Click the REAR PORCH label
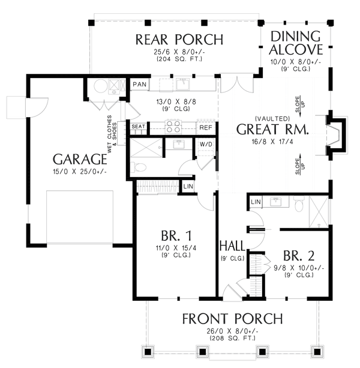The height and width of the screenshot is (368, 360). click(179, 40)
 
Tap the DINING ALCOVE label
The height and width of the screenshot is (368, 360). click(296, 43)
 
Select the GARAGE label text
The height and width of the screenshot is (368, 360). click(80, 159)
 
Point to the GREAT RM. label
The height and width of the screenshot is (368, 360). click(272, 129)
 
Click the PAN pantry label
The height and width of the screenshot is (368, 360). click(140, 84)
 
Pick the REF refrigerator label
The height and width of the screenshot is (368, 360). click(206, 128)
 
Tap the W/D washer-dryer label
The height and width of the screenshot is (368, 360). click(206, 144)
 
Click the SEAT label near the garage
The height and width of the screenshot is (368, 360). click(139, 127)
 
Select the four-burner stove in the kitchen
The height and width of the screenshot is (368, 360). click(173, 127)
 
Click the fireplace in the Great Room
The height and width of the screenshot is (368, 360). click(336, 135)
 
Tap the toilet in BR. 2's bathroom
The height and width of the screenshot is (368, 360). click(299, 204)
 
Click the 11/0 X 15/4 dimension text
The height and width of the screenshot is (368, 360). click(176, 248)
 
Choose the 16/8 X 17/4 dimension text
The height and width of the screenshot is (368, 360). click(272, 142)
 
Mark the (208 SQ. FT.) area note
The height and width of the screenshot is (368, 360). click(232, 338)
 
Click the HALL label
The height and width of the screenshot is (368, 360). click(232, 246)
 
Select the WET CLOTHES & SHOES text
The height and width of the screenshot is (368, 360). click(112, 134)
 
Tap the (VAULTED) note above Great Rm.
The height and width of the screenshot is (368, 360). click(272, 118)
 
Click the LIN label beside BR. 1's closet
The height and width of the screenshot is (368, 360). click(188, 187)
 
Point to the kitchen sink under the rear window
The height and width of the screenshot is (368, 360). click(182, 84)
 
